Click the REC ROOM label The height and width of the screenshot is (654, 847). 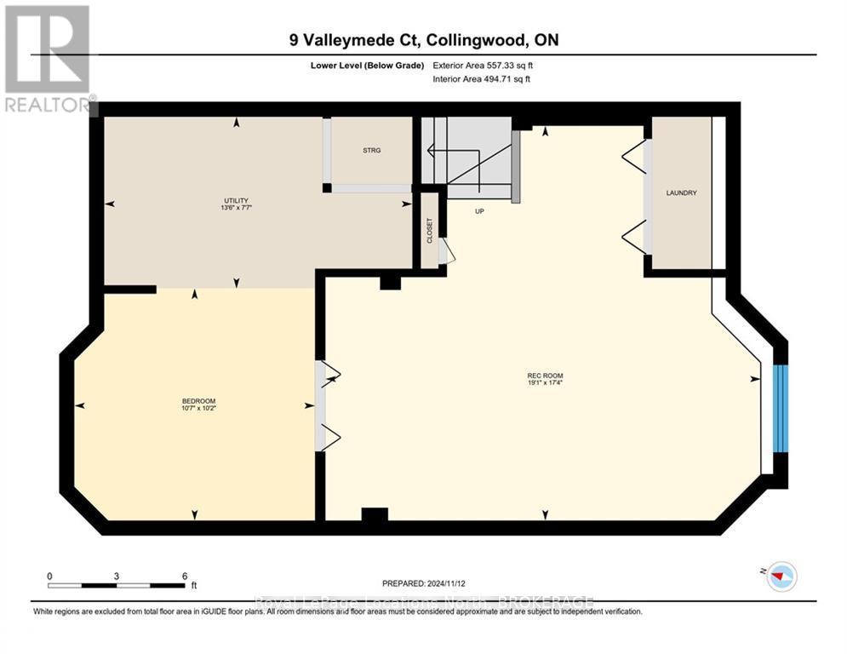point(545,376)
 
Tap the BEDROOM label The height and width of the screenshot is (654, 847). point(198,401)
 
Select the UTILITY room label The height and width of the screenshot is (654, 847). point(236,200)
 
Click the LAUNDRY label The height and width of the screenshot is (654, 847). point(682,193)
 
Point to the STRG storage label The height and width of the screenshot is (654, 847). point(371,150)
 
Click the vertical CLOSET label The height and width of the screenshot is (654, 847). point(430,231)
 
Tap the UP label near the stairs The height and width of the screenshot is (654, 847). point(479,211)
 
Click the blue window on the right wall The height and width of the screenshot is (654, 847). point(781,409)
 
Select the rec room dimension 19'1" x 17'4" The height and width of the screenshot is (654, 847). point(545,383)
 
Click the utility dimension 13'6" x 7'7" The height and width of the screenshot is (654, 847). point(236,207)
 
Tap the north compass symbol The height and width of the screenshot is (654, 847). point(780,577)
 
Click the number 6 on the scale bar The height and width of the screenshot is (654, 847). point(185,576)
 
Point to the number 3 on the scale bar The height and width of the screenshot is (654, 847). point(117,576)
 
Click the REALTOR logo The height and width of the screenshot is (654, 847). point(49,60)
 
